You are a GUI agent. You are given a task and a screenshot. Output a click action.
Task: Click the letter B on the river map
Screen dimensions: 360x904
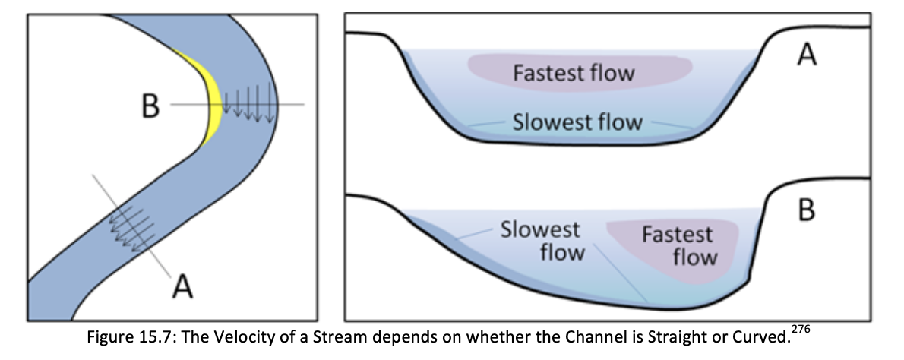click(x=150, y=106)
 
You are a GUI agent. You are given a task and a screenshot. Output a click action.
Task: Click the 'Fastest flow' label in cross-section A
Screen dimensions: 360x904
click(x=574, y=74)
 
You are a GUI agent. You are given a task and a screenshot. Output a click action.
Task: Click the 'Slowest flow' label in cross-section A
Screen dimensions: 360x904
click(x=577, y=122)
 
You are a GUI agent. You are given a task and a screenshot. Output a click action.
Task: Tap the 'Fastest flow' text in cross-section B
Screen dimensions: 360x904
click(x=678, y=245)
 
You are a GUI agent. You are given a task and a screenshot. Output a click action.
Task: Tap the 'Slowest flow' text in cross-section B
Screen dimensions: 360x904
click(x=540, y=240)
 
